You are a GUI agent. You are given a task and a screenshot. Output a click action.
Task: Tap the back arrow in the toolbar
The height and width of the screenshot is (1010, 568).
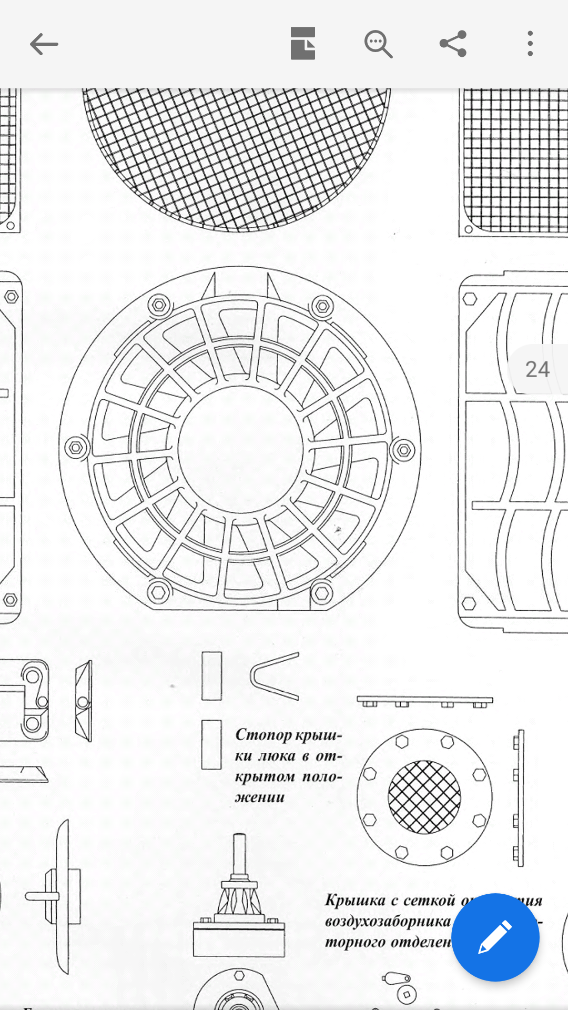pos(44,44)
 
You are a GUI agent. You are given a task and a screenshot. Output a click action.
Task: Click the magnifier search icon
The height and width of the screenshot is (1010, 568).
pos(378,44)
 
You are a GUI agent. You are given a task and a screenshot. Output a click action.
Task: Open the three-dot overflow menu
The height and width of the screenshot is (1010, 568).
pos(530,44)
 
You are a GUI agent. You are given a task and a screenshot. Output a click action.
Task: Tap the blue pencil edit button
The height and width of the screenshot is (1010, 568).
pos(495,937)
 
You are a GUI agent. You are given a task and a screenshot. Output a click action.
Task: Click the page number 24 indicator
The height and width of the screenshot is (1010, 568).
pos(537,369)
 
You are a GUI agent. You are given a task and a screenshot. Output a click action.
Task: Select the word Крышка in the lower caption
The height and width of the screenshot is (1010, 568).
pos(355,901)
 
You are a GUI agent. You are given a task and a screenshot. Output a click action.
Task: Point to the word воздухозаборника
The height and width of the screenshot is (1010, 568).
pos(388,922)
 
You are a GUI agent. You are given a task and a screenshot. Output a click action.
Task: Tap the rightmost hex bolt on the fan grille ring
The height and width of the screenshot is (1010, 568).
pos(403,449)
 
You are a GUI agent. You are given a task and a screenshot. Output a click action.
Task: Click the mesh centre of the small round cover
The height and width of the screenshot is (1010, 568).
pos(424,797)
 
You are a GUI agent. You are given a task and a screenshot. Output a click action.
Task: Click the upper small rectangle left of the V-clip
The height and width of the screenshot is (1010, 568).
pos(211,675)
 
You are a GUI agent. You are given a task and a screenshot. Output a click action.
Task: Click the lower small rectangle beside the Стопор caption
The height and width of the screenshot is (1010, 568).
pos(211,744)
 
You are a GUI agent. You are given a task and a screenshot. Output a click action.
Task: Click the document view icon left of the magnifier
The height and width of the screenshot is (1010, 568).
pos(303,44)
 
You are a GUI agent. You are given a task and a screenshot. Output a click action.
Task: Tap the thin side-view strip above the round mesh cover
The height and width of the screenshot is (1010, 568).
pos(424,701)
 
